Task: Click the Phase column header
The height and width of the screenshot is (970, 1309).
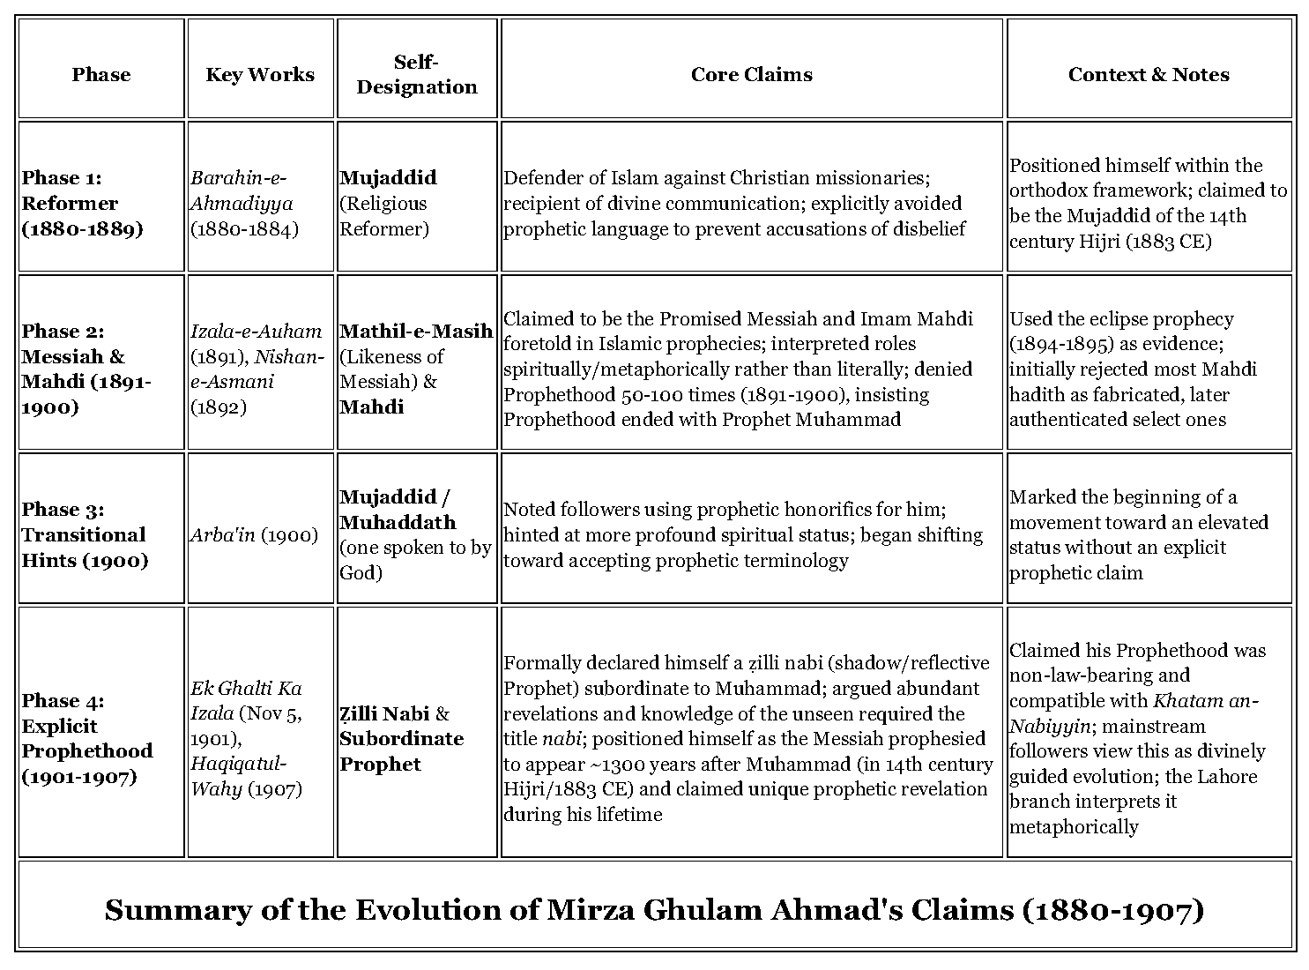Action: coord(100,75)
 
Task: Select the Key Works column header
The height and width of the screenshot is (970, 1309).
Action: coord(260,75)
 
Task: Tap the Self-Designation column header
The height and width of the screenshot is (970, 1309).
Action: coord(417,75)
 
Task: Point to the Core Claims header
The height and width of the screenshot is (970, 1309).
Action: coord(751,75)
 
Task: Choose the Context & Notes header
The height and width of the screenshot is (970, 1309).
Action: coord(1149,75)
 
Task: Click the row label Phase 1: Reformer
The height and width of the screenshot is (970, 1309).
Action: coord(83,204)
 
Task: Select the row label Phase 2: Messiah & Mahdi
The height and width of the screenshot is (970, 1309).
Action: coord(86,369)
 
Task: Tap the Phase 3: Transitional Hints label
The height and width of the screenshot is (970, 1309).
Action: coord(85,535)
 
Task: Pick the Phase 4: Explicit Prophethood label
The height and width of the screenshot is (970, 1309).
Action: coord(87,739)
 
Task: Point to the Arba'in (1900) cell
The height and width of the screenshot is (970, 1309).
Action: coord(254,535)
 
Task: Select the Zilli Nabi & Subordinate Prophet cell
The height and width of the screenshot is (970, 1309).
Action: coord(401,739)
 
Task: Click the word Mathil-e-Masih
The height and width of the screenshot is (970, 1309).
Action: coord(415,332)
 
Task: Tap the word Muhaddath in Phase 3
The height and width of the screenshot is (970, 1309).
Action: coord(398,522)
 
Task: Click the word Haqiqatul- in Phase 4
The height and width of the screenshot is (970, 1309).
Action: coord(238,765)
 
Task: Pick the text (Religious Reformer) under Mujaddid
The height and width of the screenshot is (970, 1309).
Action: coord(384,216)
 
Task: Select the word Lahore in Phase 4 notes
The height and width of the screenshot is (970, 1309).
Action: coord(1227,777)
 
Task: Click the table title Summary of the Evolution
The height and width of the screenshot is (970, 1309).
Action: coord(654,910)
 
